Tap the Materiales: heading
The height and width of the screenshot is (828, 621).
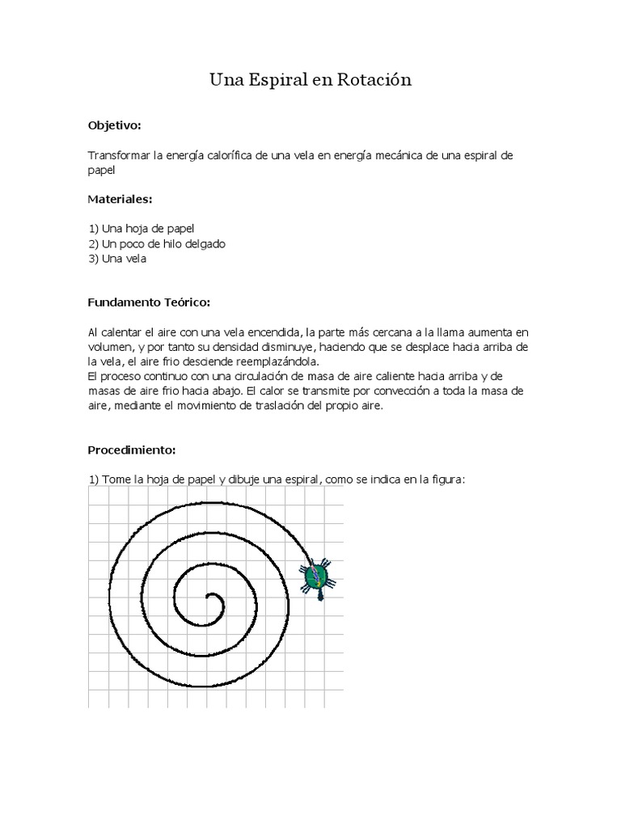coord(120,199)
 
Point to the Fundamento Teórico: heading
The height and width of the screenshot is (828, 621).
coord(149,302)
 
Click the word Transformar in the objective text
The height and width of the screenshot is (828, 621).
coord(117,154)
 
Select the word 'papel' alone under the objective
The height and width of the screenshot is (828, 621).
coord(102,170)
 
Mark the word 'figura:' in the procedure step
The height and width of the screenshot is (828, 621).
coord(446,479)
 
